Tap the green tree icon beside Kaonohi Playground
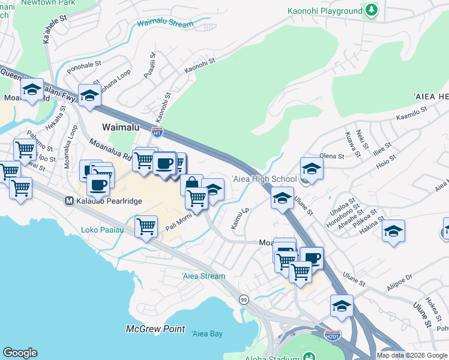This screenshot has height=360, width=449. pos(372,10)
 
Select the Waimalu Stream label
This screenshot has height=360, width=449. pos(165,24)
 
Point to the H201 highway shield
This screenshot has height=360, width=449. pos(332,334)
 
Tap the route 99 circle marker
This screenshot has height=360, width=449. pos(244,299)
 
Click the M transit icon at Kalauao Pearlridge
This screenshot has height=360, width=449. pos(68,201)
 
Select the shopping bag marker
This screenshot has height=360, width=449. pos(191,184)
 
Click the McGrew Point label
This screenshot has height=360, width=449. pos(147,329)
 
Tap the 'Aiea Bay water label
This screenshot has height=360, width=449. pos(206,333)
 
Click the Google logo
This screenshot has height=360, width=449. pos(20,353)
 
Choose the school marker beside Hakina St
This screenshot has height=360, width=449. pos(393,231)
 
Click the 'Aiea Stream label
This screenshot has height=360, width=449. pos(203,276)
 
